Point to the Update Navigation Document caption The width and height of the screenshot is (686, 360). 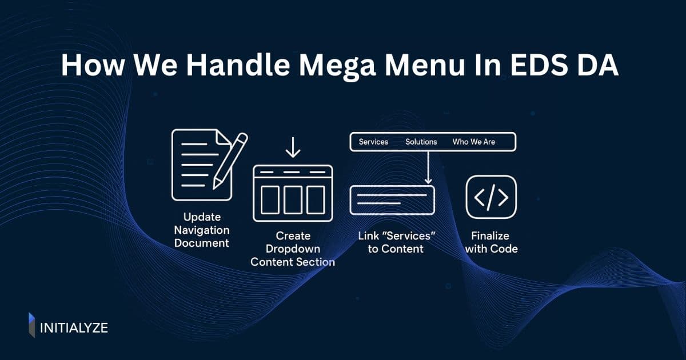point(206,230)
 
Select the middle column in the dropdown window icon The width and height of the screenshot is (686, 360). point(293,199)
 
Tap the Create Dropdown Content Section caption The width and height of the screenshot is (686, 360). point(293,249)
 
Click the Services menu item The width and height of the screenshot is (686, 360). point(373,142)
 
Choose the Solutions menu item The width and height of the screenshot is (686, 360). point(421,142)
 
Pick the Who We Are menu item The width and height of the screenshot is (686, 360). point(474,142)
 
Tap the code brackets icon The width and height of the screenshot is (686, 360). point(491,197)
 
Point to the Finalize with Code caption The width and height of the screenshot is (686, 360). point(491,242)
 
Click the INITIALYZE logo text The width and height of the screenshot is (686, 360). point(74,327)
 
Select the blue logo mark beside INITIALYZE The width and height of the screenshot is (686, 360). point(32,325)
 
